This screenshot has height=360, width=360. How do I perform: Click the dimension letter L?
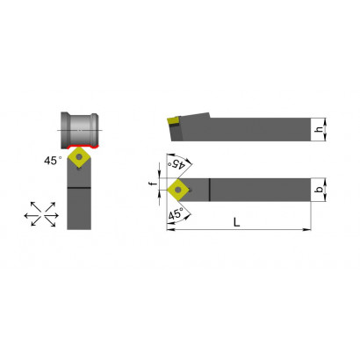click(x=236, y=222)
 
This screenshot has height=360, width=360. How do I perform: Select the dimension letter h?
click(x=319, y=129)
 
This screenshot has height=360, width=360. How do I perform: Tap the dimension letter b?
click(x=320, y=190)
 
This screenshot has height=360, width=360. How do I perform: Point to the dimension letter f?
click(x=152, y=184)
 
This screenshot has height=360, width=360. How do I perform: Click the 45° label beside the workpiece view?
click(x=53, y=161)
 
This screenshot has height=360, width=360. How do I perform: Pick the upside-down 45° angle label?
click(x=176, y=164)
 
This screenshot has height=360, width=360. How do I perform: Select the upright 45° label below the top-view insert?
click(x=176, y=213)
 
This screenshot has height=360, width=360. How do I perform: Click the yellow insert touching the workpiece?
click(x=79, y=157)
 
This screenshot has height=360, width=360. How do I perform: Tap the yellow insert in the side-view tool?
click(x=173, y=120)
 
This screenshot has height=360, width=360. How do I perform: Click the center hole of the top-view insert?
click(x=177, y=190)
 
